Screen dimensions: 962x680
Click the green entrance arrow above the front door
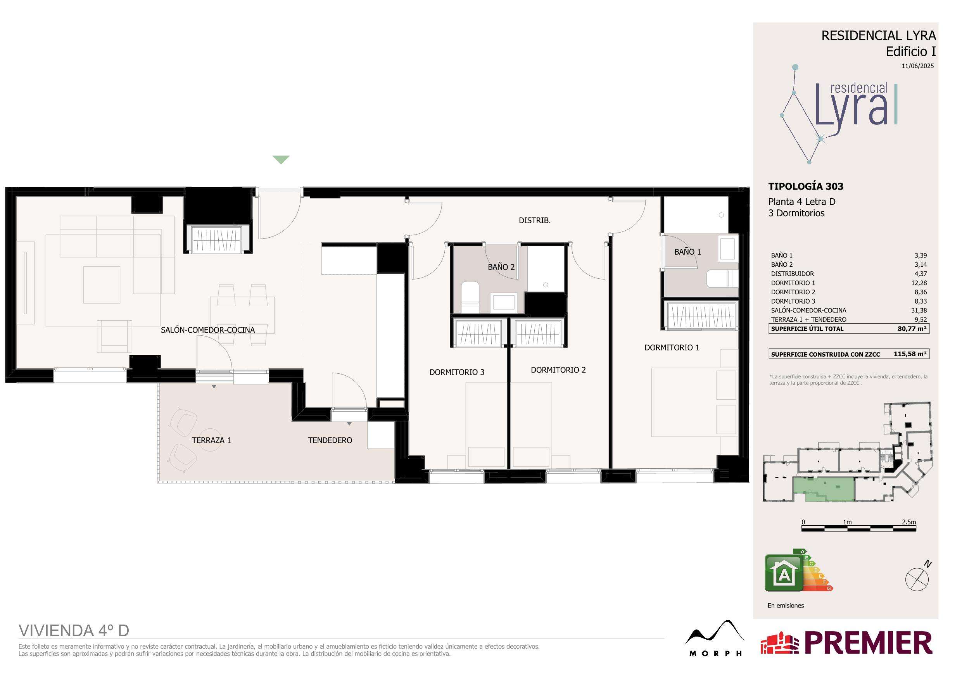pyautogui.click(x=281, y=160)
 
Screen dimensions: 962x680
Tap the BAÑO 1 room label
pyautogui.click(x=687, y=252)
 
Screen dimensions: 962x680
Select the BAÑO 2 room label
pyautogui.click(x=501, y=267)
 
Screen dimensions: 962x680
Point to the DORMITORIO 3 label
pyautogui.click(x=457, y=372)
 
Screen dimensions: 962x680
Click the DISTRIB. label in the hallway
pyautogui.click(x=535, y=220)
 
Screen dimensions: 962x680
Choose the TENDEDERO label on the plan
pyautogui.click(x=330, y=440)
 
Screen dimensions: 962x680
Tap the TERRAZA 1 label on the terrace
pyautogui.click(x=211, y=440)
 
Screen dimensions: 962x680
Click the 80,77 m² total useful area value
pyautogui.click(x=912, y=329)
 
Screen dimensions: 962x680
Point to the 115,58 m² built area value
pyautogui.click(x=910, y=354)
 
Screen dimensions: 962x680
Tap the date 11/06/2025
pyautogui.click(x=917, y=66)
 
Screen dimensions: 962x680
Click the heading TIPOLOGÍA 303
pyautogui.click(x=804, y=186)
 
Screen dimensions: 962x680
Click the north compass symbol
pyautogui.click(x=917, y=580)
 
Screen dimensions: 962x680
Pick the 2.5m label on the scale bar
pyautogui.click(x=909, y=522)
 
